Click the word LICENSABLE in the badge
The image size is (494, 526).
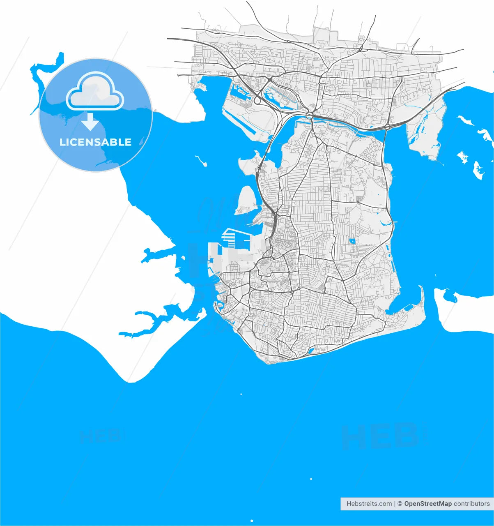(x=95, y=142)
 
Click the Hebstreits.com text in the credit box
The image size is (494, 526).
(x=369, y=503)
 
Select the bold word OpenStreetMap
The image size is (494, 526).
(x=428, y=503)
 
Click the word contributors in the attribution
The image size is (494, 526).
(x=471, y=503)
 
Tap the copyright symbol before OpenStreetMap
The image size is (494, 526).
(x=400, y=503)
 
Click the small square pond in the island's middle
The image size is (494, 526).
(x=352, y=240)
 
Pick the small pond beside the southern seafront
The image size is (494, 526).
(x=311, y=351)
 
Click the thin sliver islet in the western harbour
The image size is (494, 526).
(x=201, y=160)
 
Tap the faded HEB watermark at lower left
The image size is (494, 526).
(x=101, y=436)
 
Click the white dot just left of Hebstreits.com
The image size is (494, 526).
(x=311, y=479)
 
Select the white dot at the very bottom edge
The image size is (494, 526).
(x=252, y=521)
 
